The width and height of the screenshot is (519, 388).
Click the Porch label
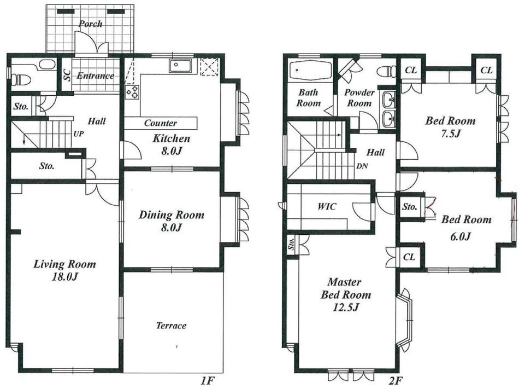[x=90, y=24]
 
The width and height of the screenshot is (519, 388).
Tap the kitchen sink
[x=180, y=66]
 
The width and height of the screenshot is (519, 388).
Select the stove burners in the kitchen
[x=132, y=92]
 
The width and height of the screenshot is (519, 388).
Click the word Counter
[x=161, y=123]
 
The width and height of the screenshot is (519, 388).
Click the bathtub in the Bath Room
[x=310, y=71]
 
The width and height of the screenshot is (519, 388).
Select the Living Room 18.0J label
[x=64, y=270]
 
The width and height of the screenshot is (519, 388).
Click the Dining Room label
[x=171, y=221]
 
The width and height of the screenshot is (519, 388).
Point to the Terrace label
[x=171, y=325]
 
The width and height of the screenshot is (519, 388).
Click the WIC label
[x=327, y=207]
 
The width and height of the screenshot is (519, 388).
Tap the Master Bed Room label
[x=346, y=294]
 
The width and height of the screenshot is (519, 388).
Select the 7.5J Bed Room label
[x=450, y=126]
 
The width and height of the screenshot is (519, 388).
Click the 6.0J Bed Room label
[x=466, y=228]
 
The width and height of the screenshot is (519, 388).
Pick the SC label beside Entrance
[x=67, y=75]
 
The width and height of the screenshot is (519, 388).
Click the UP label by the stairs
[x=79, y=134]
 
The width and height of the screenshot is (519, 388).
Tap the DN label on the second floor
[x=362, y=166]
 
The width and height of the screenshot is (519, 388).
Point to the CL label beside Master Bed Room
[x=409, y=257]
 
